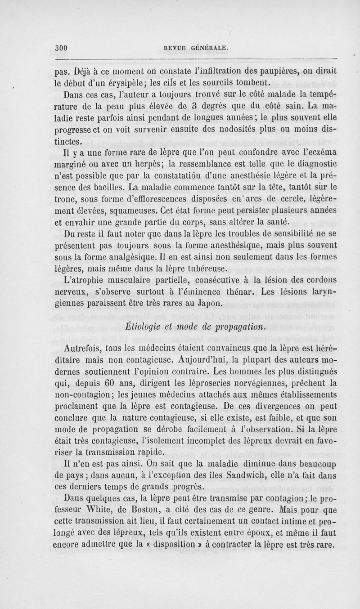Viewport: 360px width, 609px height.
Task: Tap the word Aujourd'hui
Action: [198, 360]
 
